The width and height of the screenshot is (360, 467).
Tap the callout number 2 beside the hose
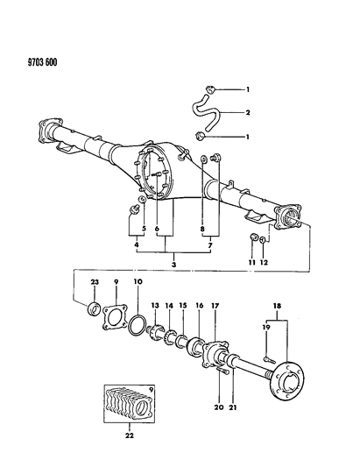(248, 112)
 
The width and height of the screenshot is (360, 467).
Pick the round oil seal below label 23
(94, 308)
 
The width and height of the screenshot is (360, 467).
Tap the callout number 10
(138, 282)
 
